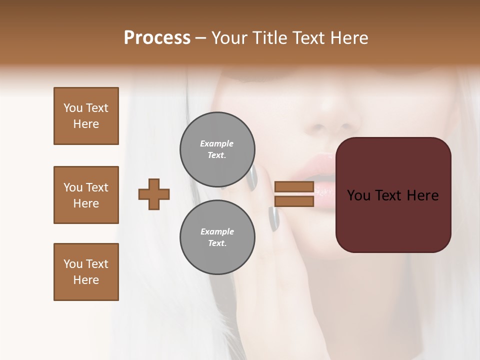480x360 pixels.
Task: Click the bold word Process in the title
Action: coord(157,38)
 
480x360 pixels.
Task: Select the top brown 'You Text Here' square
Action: coord(86,116)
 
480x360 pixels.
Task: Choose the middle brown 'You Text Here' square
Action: coord(86,195)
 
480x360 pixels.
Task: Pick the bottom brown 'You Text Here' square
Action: coord(86,272)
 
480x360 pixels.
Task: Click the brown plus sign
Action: coord(154,194)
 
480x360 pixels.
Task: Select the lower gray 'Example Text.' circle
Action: coord(217,237)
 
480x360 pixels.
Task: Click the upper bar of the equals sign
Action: coord(294,187)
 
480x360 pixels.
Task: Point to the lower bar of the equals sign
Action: coord(294,201)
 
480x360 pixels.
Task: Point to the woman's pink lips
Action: coord(320,170)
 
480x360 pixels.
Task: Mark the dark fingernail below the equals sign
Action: coord(273,219)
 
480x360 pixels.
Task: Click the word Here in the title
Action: coord(348,38)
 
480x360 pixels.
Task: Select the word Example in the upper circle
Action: coord(216,143)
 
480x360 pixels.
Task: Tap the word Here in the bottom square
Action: coord(86,280)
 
